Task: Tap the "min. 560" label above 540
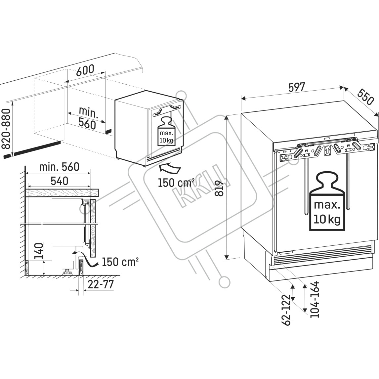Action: (x=59, y=167)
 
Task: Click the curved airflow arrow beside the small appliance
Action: (x=170, y=168)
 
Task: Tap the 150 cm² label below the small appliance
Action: (x=176, y=183)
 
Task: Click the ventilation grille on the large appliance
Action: (x=321, y=254)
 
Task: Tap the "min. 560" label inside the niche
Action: (x=88, y=117)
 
